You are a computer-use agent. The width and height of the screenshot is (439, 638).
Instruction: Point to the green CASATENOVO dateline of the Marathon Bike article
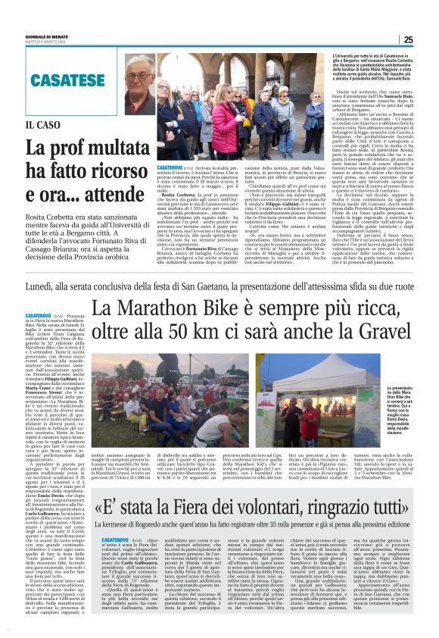coord(39,314)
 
